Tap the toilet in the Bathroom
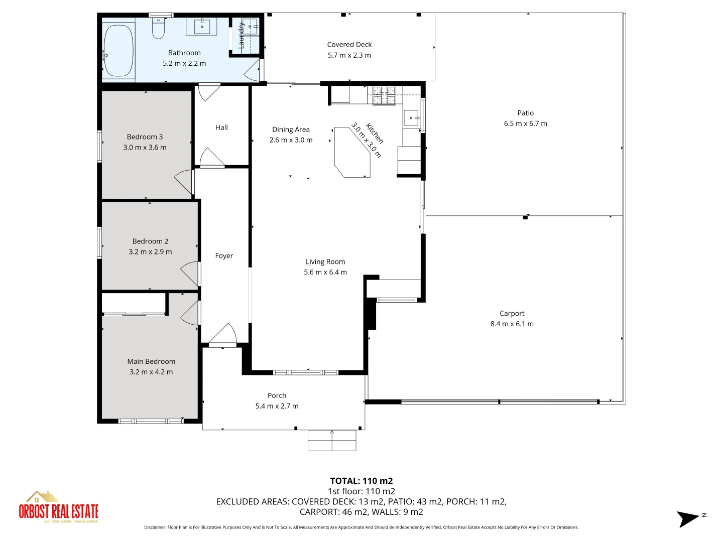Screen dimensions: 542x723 click(x=158, y=29)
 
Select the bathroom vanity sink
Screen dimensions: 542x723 click(x=202, y=26)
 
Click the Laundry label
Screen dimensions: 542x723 click(x=242, y=35)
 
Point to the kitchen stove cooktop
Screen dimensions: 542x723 click(x=384, y=95)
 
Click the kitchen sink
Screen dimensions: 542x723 click(x=412, y=118)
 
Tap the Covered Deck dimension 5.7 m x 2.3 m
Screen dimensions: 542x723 click(x=349, y=55)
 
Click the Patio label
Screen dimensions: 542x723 click(x=526, y=113)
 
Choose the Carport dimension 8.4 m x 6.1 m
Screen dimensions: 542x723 click(x=512, y=324)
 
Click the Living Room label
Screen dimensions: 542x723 click(x=325, y=261)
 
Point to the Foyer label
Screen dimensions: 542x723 click(x=224, y=255)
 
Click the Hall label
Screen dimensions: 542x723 click(x=221, y=127)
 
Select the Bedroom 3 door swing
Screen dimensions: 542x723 click(x=184, y=182)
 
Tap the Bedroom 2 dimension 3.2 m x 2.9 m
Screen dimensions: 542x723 click(x=150, y=252)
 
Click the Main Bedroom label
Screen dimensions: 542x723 click(x=151, y=361)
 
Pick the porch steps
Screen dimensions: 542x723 click(x=332, y=440)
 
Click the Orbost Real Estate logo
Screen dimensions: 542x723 click(x=58, y=507)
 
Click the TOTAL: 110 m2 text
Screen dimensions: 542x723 click(x=361, y=481)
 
